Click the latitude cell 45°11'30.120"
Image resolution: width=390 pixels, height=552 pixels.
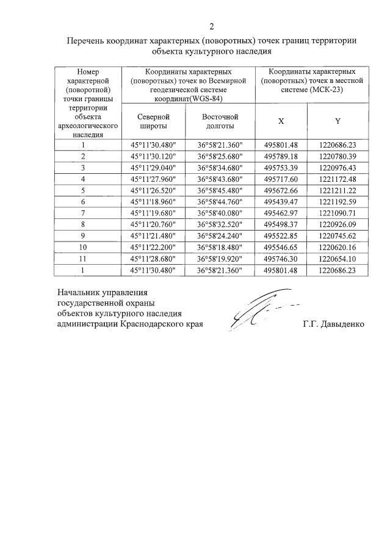point(153,157)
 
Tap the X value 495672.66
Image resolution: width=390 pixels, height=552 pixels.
point(281,190)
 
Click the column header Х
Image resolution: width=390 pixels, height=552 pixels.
point(281,121)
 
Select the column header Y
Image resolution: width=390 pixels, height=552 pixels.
point(338,121)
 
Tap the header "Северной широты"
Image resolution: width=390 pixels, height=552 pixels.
point(153,121)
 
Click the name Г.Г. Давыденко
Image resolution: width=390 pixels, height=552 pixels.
point(333,324)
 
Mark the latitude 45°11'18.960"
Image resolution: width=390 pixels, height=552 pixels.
point(153,201)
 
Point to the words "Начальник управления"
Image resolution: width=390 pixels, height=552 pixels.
point(102,291)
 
